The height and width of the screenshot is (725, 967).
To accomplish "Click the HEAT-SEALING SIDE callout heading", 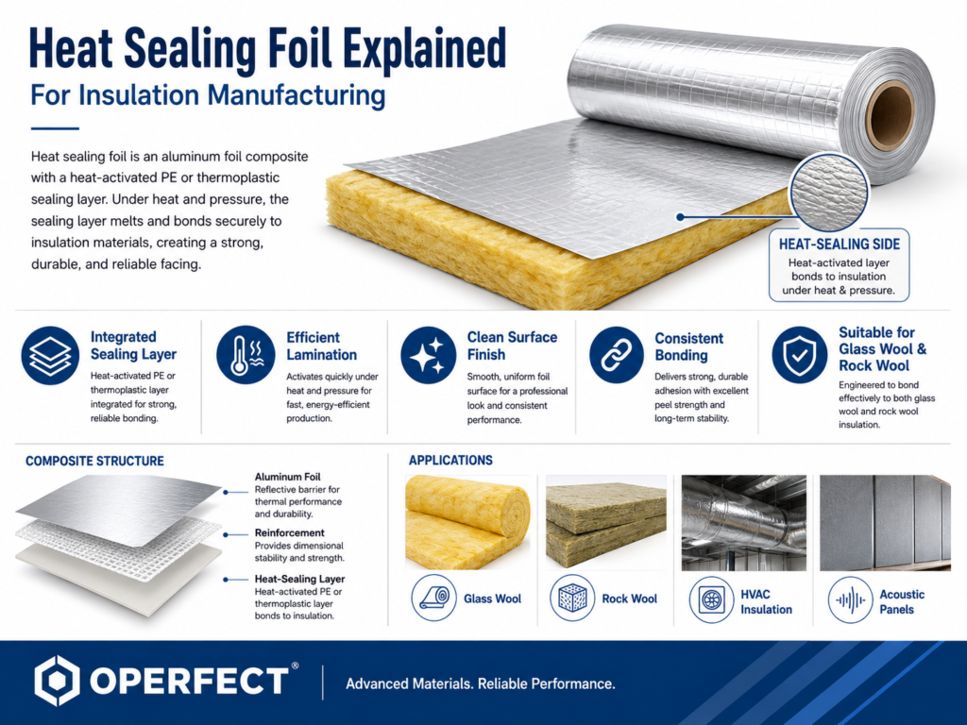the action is tap(840, 244).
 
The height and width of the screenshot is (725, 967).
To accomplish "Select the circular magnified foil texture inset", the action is tap(829, 192).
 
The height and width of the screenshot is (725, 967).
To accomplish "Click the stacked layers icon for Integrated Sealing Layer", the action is tap(50, 356).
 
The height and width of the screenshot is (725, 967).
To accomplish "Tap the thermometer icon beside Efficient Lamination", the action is tap(246, 355).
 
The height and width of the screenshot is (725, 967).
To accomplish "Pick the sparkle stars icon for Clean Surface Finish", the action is tap(428, 355).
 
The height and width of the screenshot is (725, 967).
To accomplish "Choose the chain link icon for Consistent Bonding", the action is tap(617, 355).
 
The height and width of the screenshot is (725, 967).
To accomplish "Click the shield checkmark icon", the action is tap(800, 355).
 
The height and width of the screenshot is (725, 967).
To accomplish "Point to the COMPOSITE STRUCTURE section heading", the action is tap(94, 461).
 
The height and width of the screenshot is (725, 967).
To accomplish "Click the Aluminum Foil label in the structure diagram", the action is tap(287, 477).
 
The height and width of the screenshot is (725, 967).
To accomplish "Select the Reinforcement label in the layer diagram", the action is tap(289, 532).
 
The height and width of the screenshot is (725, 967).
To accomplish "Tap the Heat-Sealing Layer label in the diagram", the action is tap(299, 579).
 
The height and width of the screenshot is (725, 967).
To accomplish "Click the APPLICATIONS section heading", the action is tap(450, 461).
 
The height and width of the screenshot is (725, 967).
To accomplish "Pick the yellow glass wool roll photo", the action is tap(467, 522).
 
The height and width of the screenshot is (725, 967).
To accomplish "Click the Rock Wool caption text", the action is tap(630, 599).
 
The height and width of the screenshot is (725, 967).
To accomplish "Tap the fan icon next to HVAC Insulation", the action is tap(711, 599).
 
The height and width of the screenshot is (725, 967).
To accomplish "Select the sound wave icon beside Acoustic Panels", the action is tap(851, 599).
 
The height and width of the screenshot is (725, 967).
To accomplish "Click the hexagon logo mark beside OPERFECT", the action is tap(57, 681).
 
